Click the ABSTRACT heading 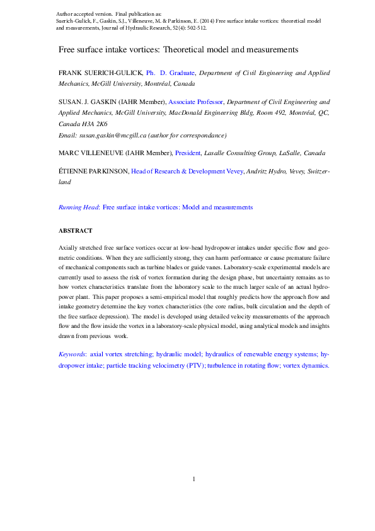[x=75, y=231]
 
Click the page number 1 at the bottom [x=194, y=479]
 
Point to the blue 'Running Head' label [x=78, y=207]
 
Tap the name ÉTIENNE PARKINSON [x=93, y=171]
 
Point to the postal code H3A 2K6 [x=95, y=124]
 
